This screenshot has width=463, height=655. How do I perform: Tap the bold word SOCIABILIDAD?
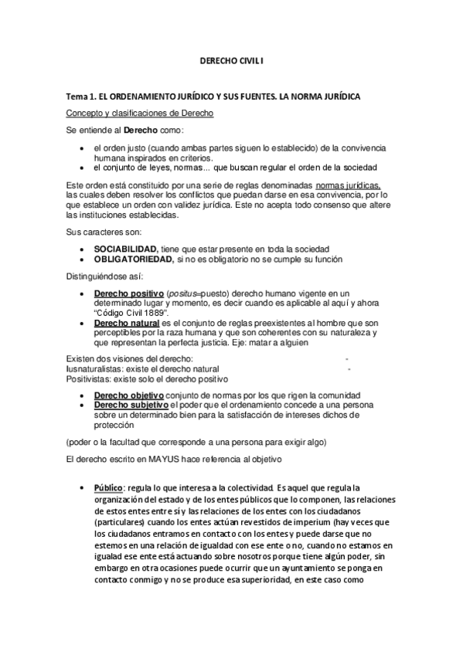(125, 248)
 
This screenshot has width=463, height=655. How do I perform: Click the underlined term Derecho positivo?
(128, 294)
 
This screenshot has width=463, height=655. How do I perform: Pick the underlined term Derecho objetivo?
(128, 395)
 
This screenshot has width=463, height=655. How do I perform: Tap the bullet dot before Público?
(83, 489)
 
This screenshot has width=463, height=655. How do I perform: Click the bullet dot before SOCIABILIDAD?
(83, 249)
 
